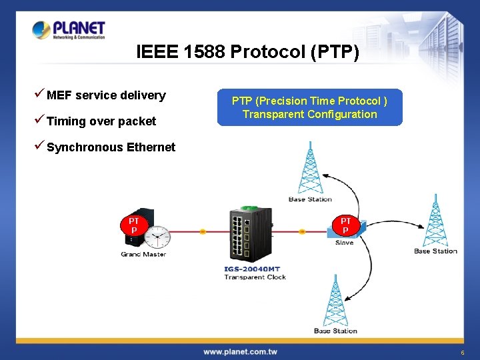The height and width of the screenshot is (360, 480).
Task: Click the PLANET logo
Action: coord(69,30)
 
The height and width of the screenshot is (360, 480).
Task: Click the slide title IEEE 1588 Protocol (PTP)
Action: coord(247,52)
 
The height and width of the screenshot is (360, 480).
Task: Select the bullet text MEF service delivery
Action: coord(106,95)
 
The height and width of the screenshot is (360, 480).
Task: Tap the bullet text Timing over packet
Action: coord(101,121)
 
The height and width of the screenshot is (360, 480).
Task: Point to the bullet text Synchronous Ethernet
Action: coord(111,147)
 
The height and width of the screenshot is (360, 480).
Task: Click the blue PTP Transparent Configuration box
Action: coord(309,107)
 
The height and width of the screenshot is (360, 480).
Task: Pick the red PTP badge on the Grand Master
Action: coord(134,225)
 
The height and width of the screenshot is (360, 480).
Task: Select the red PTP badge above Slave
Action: coord(345,225)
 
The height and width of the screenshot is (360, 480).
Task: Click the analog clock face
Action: coord(158,236)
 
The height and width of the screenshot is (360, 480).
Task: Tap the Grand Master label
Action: coord(143,254)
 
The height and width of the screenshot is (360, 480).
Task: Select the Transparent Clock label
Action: coord(255,277)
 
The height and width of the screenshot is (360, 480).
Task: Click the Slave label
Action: coord(345,243)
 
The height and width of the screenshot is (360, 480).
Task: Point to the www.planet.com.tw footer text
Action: coord(240,351)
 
